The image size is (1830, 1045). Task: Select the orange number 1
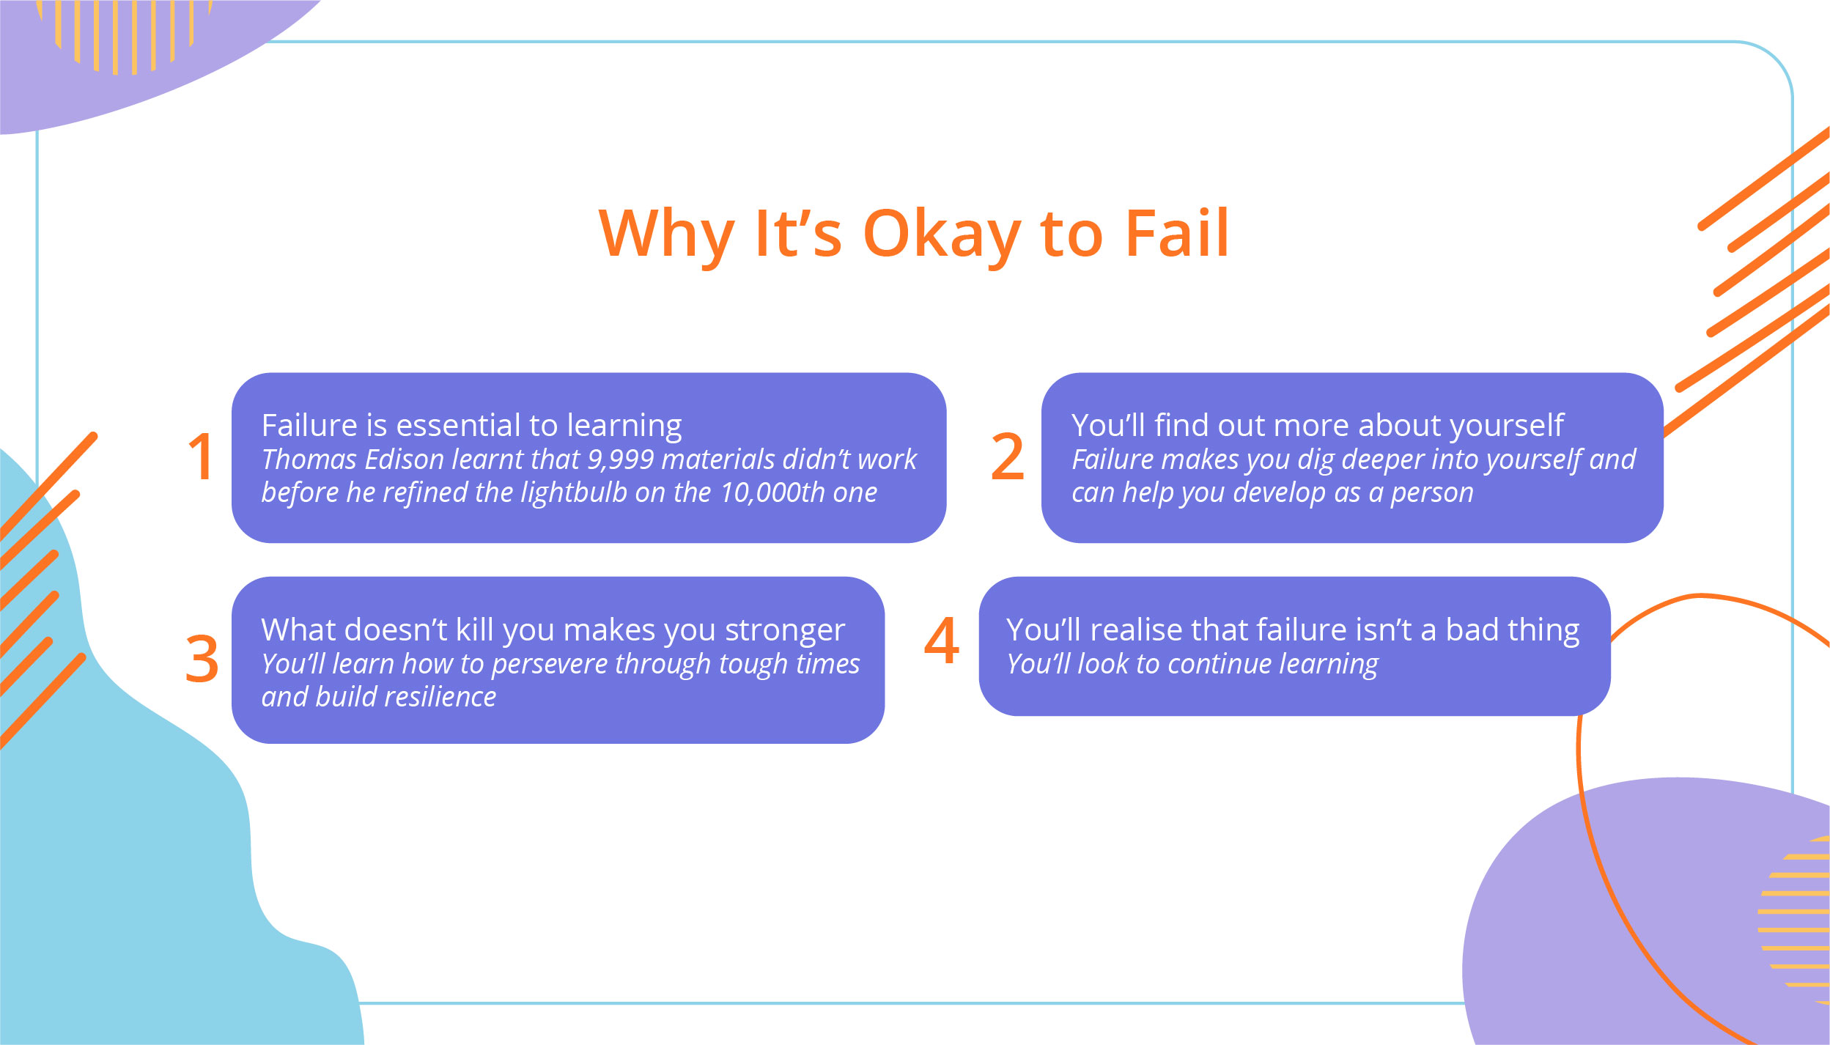pos(201,457)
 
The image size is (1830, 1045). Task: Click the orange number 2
pos(1007,457)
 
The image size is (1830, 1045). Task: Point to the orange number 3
pos(202,659)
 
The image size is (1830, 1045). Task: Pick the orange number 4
pos(942,641)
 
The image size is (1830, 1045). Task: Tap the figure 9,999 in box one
pos(621,459)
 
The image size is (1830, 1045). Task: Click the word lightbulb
pos(574,492)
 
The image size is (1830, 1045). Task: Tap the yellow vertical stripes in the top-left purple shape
pos(125,33)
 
